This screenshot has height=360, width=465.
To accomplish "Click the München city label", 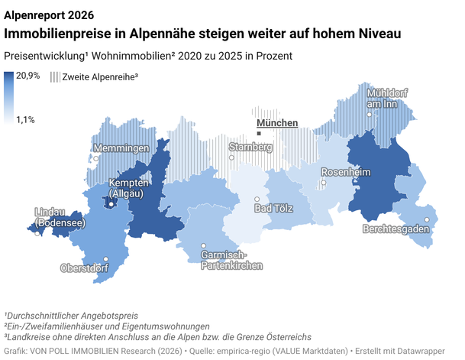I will point(276,123).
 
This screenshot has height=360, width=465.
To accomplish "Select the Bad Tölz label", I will point(275,209).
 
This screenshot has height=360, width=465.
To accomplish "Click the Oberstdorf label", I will point(85,268).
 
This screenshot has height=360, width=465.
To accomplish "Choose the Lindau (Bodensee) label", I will point(59,217).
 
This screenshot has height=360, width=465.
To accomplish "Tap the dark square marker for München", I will point(259,133).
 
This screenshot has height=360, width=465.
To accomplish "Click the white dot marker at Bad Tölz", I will point(257,199).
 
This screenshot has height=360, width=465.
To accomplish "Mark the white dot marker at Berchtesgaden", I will point(427,219).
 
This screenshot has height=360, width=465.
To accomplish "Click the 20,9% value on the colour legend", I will point(28,75).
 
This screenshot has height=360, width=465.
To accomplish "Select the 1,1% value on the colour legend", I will point(26,120).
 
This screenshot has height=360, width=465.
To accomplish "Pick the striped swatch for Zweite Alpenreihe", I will point(54,76).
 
